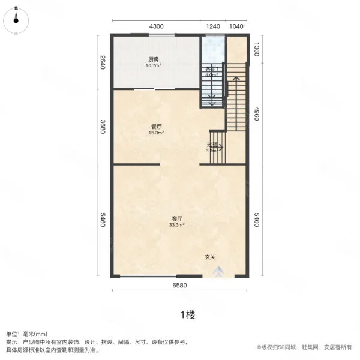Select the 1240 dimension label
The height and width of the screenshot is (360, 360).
click(x=212, y=26)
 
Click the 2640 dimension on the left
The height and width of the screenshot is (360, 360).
click(x=103, y=62)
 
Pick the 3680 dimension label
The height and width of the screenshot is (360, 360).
click(x=103, y=127)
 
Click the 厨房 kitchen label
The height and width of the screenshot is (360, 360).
click(x=154, y=59)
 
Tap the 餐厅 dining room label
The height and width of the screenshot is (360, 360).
click(x=156, y=127)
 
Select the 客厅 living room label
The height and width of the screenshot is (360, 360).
click(x=177, y=218)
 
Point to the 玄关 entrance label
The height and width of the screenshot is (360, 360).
click(x=210, y=257)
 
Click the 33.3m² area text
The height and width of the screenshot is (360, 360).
click(x=177, y=226)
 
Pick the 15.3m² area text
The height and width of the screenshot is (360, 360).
click(x=156, y=133)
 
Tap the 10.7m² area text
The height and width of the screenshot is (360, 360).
click(x=154, y=66)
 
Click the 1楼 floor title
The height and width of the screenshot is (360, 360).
click(x=187, y=314)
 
